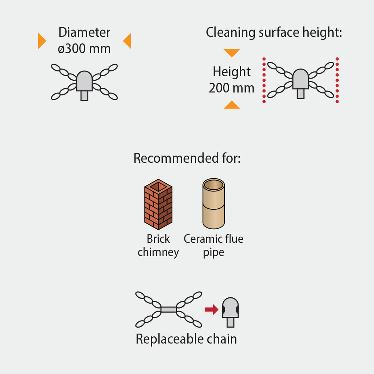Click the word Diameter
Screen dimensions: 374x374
84,33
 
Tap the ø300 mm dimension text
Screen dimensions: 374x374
84,49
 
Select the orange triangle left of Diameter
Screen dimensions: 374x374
41,41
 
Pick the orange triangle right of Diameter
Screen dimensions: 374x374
128,41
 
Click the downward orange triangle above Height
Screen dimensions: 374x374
232,53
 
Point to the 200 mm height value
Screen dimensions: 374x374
232,88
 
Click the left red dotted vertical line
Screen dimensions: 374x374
264,80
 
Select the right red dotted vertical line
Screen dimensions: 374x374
337,80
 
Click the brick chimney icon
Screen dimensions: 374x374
158,204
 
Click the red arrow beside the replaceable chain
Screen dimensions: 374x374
212,309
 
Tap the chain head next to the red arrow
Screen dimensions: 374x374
230,311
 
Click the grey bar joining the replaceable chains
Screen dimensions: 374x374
169,309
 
